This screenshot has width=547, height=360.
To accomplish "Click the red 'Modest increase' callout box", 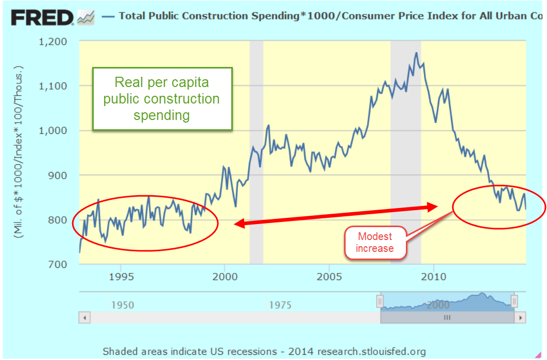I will coord(375,243).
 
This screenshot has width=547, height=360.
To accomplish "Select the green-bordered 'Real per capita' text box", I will coord(162,98).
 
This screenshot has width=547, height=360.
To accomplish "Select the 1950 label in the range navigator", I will coord(123,305).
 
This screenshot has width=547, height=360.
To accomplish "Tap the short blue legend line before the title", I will coord(108,16).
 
